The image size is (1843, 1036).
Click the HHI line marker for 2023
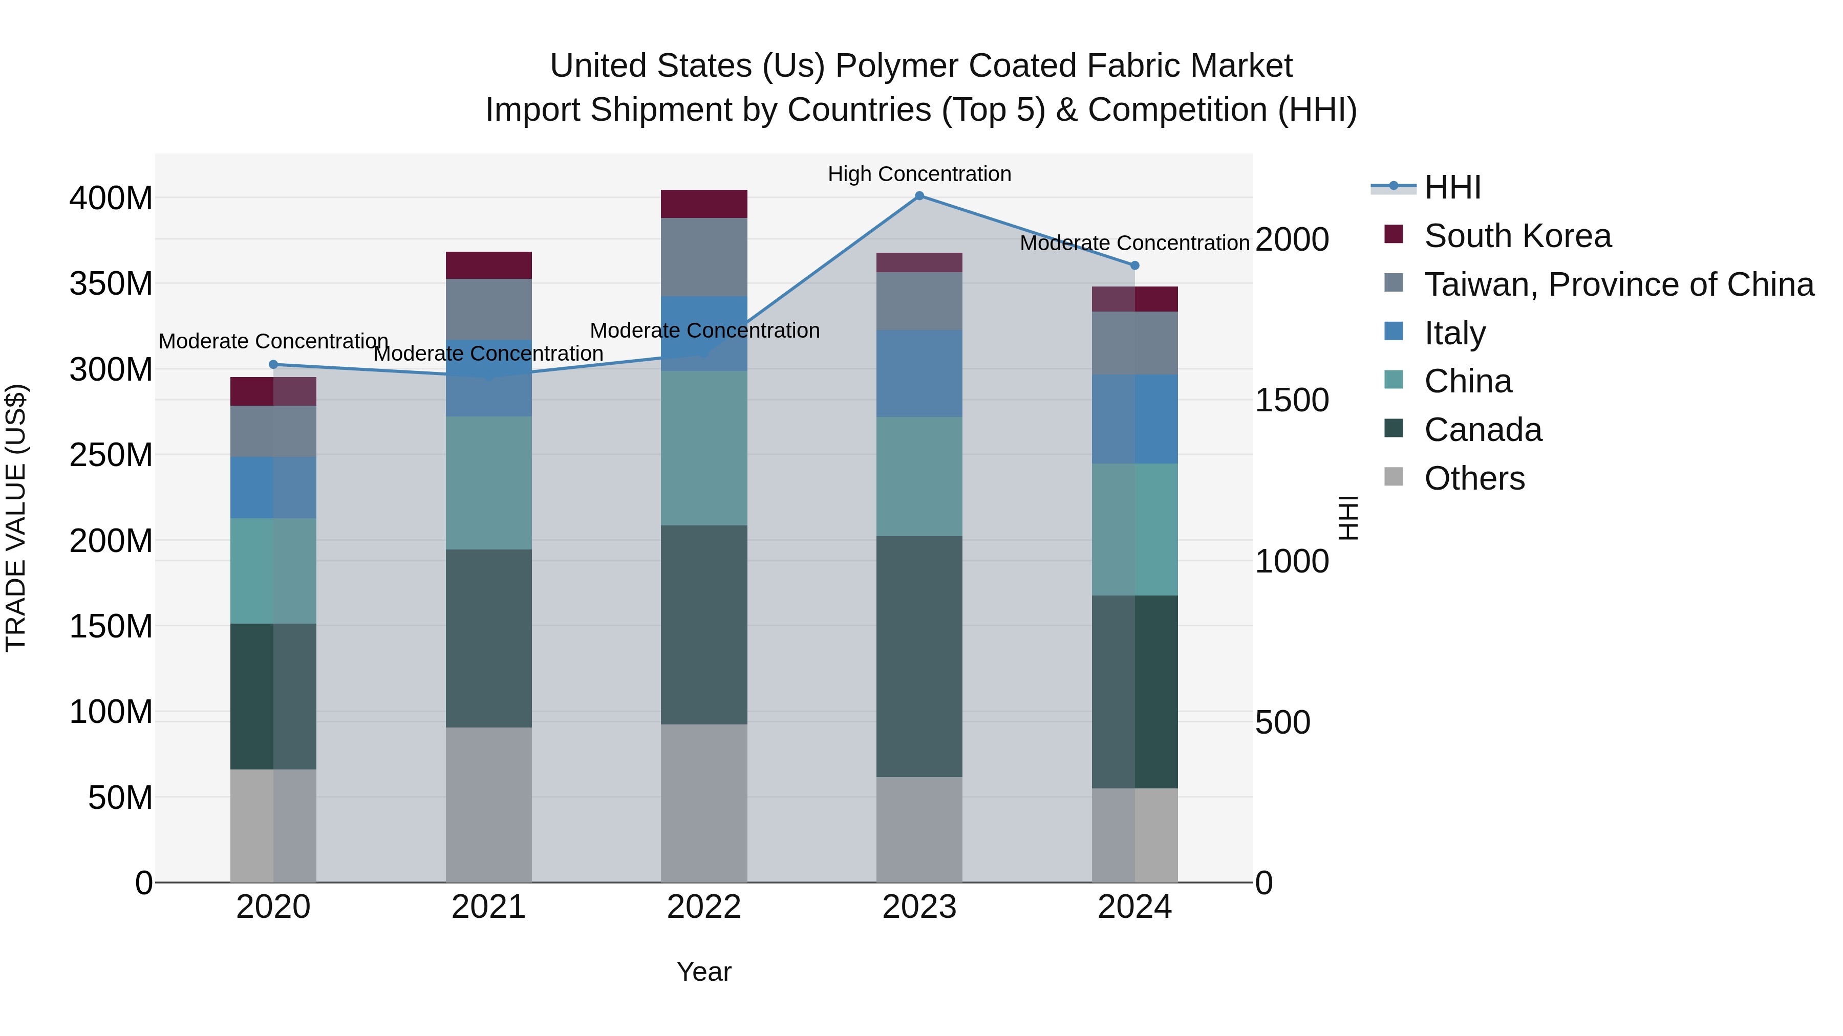click(919, 196)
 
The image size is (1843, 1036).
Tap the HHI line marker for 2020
click(273, 365)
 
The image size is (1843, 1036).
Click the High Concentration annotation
click(919, 174)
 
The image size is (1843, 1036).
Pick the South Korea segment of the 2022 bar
click(704, 204)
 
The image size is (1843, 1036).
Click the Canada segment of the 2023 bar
click(919, 656)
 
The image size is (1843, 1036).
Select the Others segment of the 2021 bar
click(489, 804)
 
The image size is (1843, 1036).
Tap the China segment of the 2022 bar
click(704, 448)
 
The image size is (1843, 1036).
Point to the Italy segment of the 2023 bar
click(919, 373)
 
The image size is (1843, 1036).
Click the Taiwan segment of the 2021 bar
click(489, 310)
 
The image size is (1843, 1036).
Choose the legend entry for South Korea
click(1517, 236)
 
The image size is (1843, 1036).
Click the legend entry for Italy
click(1454, 333)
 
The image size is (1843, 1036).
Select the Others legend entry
click(1474, 478)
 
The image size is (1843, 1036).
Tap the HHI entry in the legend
click(1452, 187)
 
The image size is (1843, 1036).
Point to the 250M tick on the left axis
click(111, 455)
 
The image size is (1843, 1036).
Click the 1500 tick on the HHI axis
click(1292, 401)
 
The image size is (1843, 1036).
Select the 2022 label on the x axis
click(704, 907)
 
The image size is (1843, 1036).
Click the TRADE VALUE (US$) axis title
click(16, 518)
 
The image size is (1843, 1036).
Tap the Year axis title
click(704, 972)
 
